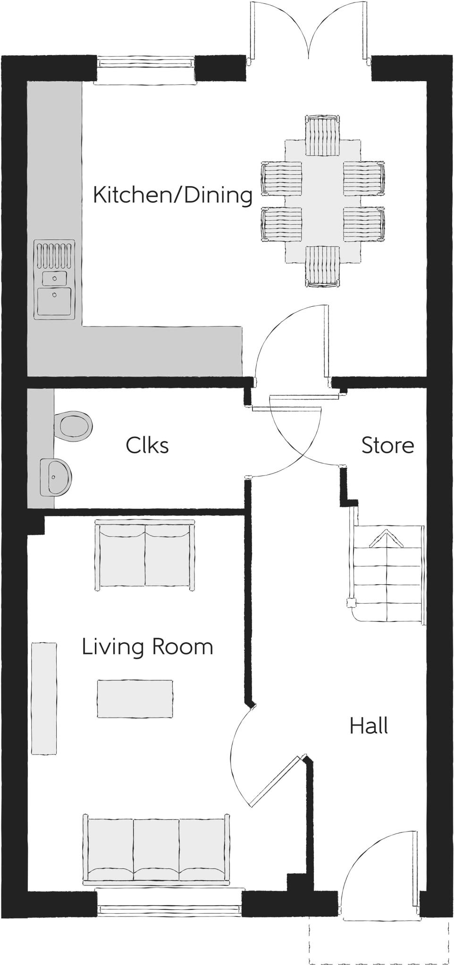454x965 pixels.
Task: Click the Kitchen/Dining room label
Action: tap(173, 195)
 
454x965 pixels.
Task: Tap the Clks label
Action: tap(147, 445)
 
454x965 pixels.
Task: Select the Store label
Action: tap(387, 445)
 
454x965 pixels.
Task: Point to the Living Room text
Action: tap(147, 647)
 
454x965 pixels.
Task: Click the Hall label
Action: tap(369, 726)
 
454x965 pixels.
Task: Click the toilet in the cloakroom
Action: tap(74, 426)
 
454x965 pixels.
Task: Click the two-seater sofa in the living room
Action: tap(145, 555)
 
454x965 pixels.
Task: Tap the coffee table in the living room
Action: tap(135, 698)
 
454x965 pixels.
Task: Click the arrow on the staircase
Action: tap(387, 538)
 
